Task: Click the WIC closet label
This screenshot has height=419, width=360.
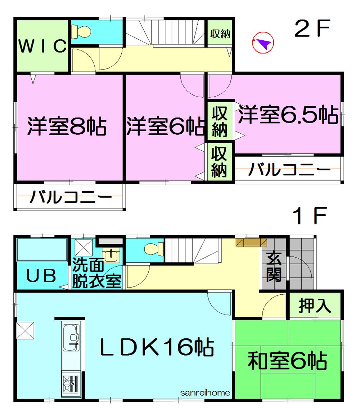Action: [42, 46]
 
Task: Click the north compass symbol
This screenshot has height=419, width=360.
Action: [263, 43]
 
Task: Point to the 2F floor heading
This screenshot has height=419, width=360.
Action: [312, 30]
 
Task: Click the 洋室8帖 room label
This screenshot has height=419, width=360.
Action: [67, 126]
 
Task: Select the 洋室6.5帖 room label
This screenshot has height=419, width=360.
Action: [287, 115]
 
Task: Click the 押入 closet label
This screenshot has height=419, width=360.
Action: [314, 306]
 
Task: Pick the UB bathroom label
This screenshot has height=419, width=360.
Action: [41, 276]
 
